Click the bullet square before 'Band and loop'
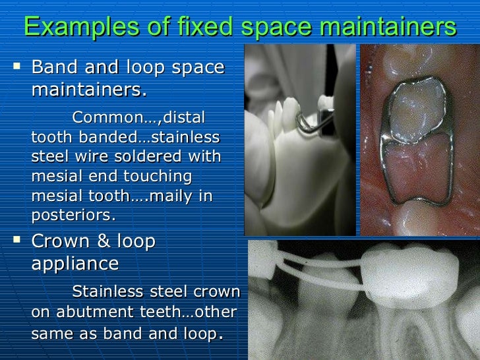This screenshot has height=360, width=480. [x=16, y=67]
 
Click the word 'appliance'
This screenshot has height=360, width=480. [x=75, y=264]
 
